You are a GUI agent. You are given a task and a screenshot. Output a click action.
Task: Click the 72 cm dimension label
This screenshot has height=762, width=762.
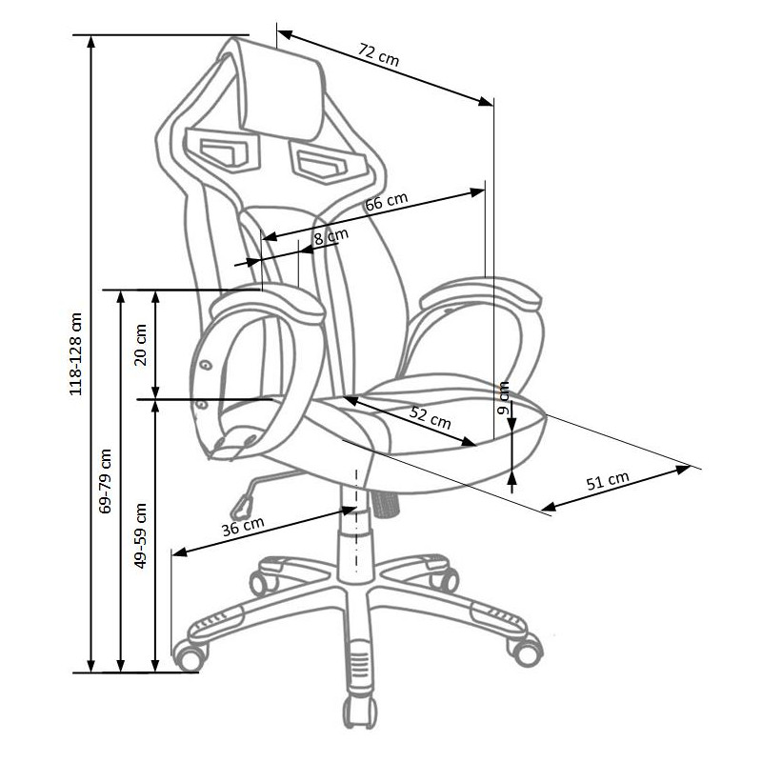point(379,55)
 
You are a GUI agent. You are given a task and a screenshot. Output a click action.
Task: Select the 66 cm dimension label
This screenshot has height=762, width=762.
point(387,201)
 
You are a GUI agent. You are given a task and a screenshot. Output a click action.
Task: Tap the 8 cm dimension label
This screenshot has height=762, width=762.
point(331,236)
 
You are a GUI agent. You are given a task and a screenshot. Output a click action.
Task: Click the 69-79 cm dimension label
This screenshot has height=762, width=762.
point(105,481)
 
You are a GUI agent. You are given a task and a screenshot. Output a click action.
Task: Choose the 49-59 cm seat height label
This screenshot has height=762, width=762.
point(140,535)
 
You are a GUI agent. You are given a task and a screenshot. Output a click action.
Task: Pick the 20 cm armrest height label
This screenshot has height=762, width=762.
point(140,345)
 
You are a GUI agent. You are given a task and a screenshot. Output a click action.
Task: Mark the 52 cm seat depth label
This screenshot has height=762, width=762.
point(431,417)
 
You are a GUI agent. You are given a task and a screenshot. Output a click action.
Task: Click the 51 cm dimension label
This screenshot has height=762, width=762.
point(608,480)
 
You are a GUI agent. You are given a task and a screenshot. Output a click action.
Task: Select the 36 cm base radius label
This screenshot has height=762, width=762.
point(243,527)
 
